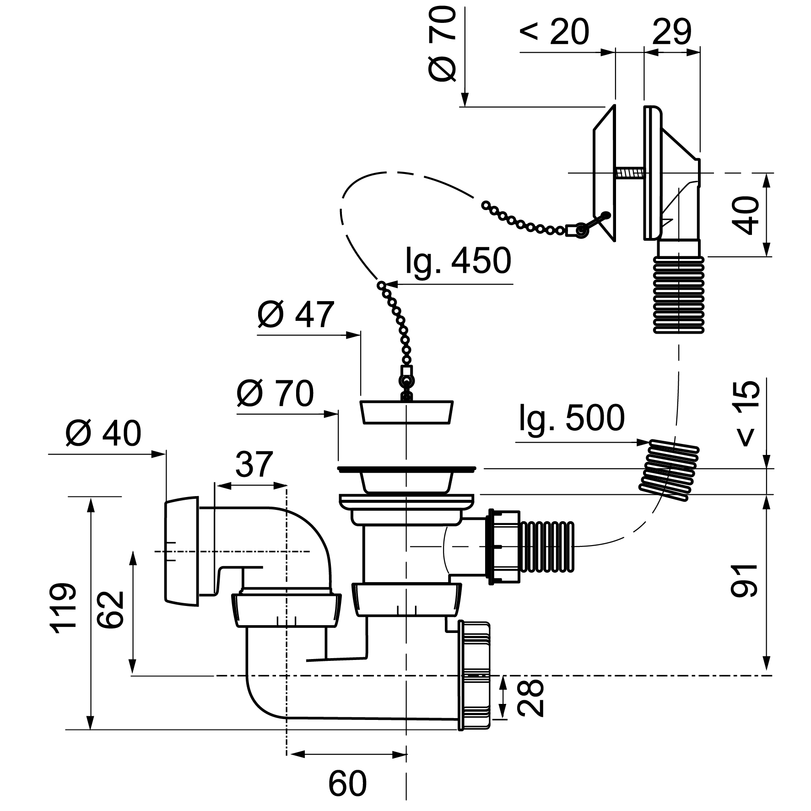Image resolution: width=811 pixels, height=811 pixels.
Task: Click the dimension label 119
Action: [x=62, y=608]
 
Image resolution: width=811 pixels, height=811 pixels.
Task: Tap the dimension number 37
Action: [x=254, y=464]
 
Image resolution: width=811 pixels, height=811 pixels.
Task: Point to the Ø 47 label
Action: [x=295, y=315]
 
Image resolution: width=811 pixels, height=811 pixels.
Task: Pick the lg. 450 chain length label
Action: [x=458, y=261]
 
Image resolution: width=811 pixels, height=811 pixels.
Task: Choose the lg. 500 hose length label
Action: [x=572, y=418]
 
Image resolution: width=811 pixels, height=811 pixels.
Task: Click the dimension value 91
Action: [x=744, y=580]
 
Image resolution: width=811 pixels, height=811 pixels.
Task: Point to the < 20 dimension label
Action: [x=554, y=32]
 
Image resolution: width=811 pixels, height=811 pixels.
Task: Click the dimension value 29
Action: [x=671, y=32]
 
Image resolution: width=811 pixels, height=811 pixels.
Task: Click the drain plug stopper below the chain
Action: [x=407, y=412]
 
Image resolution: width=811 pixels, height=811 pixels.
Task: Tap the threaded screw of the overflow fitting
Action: [x=630, y=173]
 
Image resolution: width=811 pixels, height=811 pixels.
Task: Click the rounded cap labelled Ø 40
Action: [x=181, y=551]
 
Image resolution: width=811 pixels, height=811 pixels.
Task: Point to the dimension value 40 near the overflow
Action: [x=746, y=215]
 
